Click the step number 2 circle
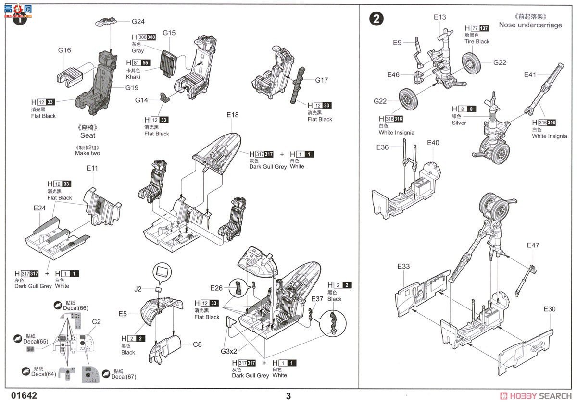pyautogui.click(x=376, y=19)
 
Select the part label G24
pyautogui.click(x=138, y=21)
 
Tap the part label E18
pyautogui.click(x=232, y=115)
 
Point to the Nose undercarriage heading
pyautogui.click(x=530, y=25)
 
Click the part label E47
pyautogui.click(x=533, y=245)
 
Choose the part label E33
pyautogui.click(x=403, y=266)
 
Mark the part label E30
pyautogui.click(x=549, y=309)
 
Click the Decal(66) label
pyautogui.click(x=76, y=308)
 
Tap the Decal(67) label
pyautogui.click(x=124, y=376)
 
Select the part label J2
pyautogui.click(x=138, y=289)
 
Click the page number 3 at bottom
pyautogui.click(x=288, y=396)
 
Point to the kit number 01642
pyautogui.click(x=23, y=396)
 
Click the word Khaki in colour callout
pyautogui.click(x=133, y=77)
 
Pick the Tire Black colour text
pyautogui.click(x=477, y=41)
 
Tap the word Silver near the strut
pyautogui.click(x=459, y=123)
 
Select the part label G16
pyautogui.click(x=64, y=50)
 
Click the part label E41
pyautogui.click(x=530, y=74)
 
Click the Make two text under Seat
pyautogui.click(x=88, y=153)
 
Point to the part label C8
pyautogui.click(x=197, y=344)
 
